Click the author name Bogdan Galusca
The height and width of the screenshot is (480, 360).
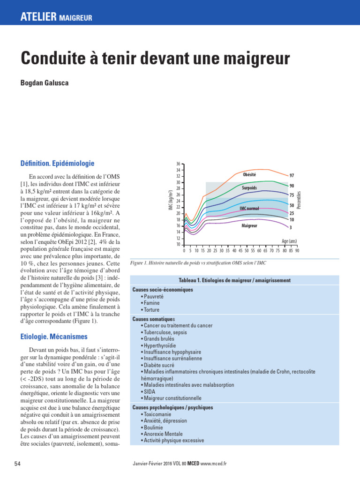pyautogui.click(x=45, y=83)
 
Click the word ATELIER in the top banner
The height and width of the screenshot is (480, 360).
pyautogui.click(x=38, y=18)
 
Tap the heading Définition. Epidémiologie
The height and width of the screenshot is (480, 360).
pyautogui.click(x=58, y=164)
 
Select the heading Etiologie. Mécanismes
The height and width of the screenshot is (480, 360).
pyautogui.click(x=54, y=337)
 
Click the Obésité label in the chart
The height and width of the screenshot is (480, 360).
pyautogui.click(x=249, y=174)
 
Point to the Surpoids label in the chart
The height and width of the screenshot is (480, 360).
pyautogui.click(x=249, y=187)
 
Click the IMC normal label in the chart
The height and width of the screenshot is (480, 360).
pyautogui.click(x=249, y=208)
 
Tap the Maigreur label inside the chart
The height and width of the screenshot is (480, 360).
pyautogui.click(x=249, y=225)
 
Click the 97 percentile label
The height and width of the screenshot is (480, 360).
pyautogui.click(x=292, y=175)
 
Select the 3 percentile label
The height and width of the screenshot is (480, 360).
pyautogui.click(x=291, y=228)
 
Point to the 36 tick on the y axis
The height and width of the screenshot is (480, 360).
pyautogui.click(x=178, y=164)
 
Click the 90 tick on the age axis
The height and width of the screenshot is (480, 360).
pyautogui.click(x=297, y=251)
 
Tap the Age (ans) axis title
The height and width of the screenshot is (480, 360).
pyautogui.click(x=289, y=241)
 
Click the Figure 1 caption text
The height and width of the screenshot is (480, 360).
pyautogui.click(x=199, y=263)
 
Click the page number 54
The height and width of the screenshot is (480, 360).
pyautogui.click(x=18, y=464)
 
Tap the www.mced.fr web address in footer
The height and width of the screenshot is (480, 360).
pyautogui.click(x=213, y=464)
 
